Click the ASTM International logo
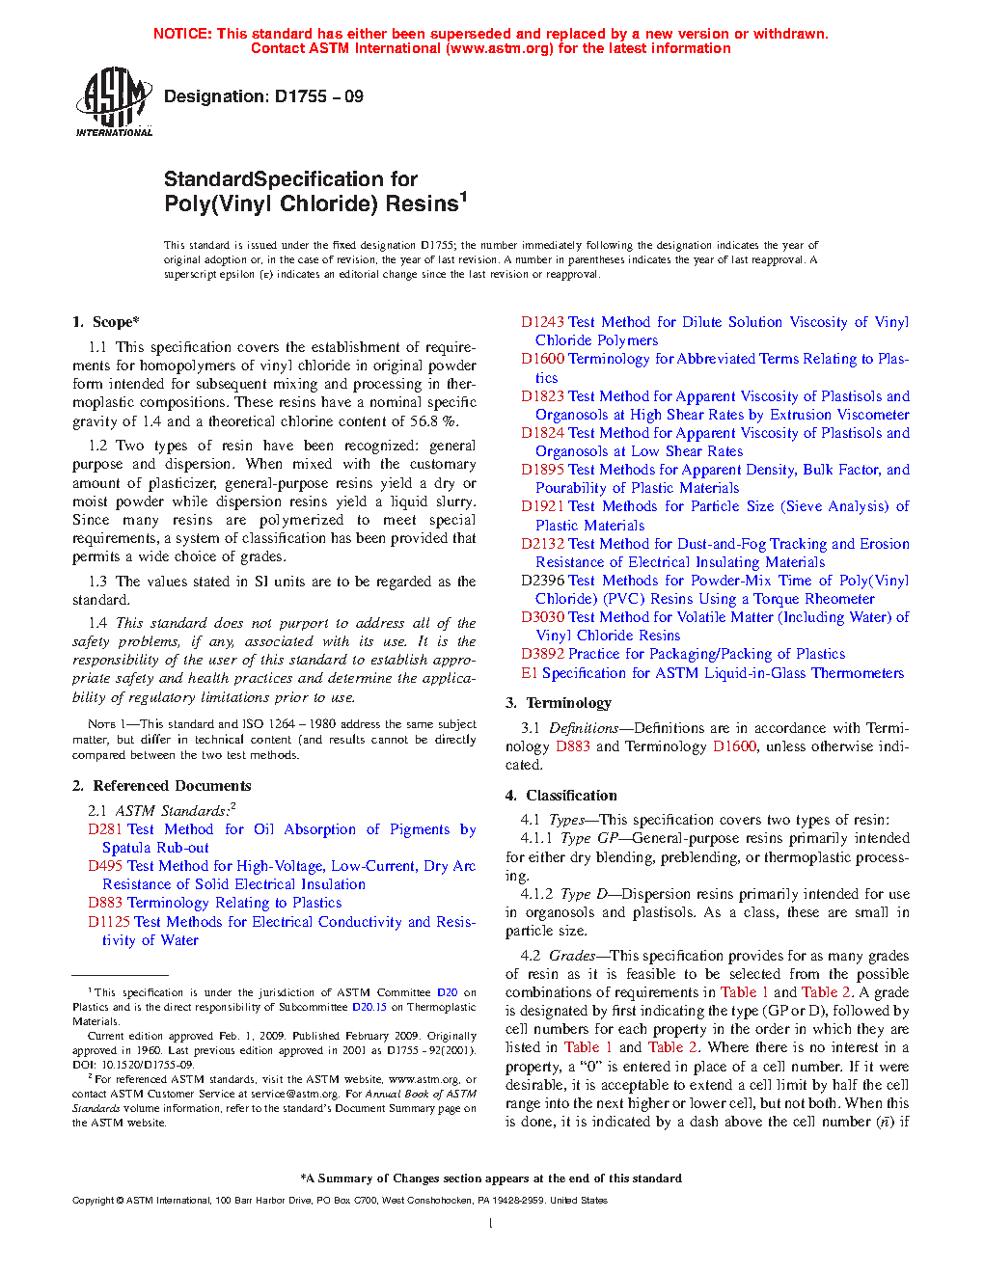pyautogui.click(x=113, y=101)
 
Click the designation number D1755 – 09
pyautogui.click(x=318, y=96)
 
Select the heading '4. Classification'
pyautogui.click(x=561, y=796)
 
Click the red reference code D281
pyautogui.click(x=105, y=829)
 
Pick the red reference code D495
pyautogui.click(x=105, y=866)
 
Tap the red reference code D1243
pyautogui.click(x=542, y=322)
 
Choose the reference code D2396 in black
pyautogui.click(x=542, y=581)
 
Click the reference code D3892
pyautogui.click(x=542, y=654)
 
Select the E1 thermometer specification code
pyautogui.click(x=529, y=673)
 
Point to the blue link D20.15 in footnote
pyautogui.click(x=369, y=1007)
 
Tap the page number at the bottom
pyautogui.click(x=491, y=1224)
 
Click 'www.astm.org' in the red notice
pyautogui.click(x=499, y=48)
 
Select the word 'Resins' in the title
pyautogui.click(x=421, y=204)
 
